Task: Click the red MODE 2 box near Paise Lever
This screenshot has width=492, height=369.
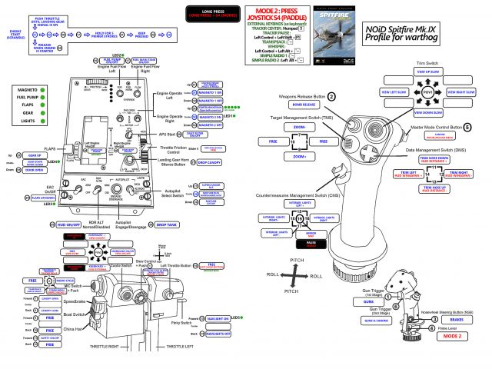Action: click(x=454, y=336)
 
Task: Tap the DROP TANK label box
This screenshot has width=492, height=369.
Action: click(x=167, y=224)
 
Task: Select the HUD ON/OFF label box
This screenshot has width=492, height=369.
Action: click(x=70, y=224)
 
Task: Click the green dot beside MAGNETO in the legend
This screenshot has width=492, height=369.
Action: click(x=45, y=90)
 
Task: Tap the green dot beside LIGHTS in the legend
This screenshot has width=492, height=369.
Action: click(x=45, y=121)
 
